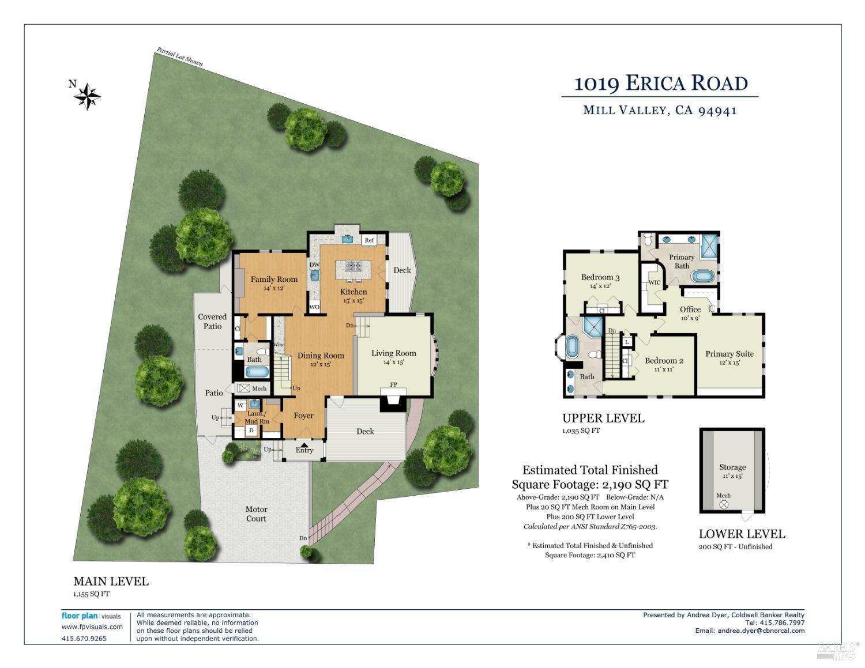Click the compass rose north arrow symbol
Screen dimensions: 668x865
(x=87, y=96)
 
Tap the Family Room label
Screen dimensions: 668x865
(x=274, y=280)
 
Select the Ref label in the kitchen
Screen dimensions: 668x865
(x=369, y=240)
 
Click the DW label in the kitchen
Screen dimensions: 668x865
(x=314, y=265)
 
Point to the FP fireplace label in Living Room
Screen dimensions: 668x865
(x=393, y=384)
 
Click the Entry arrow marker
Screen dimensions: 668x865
(x=304, y=443)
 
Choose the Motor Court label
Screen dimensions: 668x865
(x=256, y=514)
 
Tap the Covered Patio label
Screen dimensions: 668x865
(x=212, y=322)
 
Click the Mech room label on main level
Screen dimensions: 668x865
(x=259, y=388)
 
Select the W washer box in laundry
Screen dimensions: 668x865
(x=240, y=405)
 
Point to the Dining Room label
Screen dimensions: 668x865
(x=321, y=356)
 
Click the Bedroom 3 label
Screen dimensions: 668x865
(x=600, y=277)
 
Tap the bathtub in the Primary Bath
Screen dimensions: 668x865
(x=702, y=276)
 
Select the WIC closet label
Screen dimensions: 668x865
(x=654, y=282)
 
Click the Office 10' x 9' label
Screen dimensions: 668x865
(x=690, y=313)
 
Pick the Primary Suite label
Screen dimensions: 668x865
(x=729, y=354)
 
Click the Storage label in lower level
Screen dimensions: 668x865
(x=732, y=467)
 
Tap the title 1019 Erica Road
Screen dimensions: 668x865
(x=660, y=84)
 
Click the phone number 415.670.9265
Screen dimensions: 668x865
(x=84, y=638)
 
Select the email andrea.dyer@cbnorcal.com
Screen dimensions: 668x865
(x=761, y=631)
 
